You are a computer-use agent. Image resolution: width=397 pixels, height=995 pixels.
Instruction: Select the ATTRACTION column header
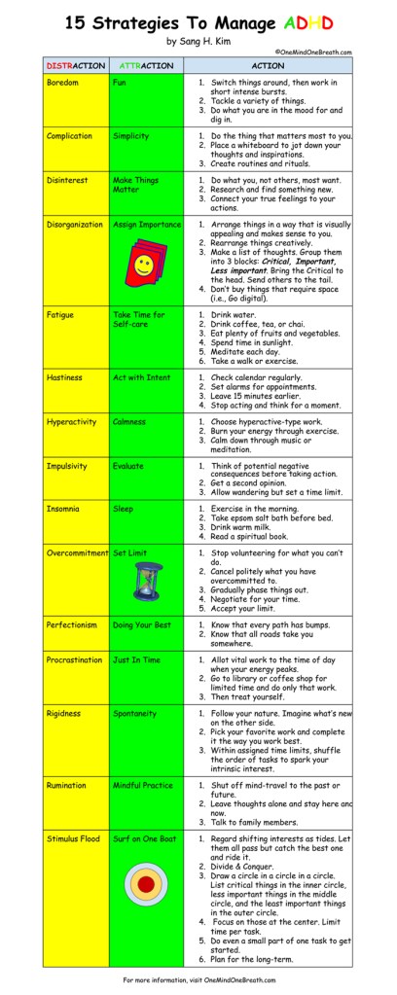point(147,66)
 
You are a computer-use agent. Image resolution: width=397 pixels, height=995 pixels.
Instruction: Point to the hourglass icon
point(144,581)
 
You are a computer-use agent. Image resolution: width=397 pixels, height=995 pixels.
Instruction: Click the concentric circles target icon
point(146,884)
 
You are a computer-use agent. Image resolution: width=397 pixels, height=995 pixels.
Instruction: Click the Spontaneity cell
point(137,713)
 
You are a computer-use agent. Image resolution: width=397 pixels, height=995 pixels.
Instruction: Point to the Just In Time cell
point(137,659)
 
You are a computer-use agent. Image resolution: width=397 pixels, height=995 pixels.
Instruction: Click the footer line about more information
point(198,978)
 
